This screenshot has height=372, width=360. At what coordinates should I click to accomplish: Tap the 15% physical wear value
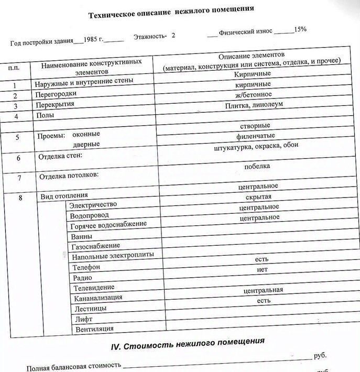click(x=300, y=29)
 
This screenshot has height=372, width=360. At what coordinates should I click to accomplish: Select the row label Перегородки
click(x=56, y=94)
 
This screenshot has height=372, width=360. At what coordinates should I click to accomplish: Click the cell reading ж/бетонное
click(x=253, y=95)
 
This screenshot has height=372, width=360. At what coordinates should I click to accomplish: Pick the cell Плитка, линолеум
click(x=254, y=105)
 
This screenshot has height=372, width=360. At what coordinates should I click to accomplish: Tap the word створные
click(x=255, y=126)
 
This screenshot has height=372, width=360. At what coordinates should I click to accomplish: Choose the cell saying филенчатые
click(x=256, y=136)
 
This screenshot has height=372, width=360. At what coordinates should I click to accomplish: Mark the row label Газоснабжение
click(x=95, y=246)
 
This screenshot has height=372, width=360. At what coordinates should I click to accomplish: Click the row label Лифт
click(x=84, y=319)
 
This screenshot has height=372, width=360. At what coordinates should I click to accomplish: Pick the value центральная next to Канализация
click(x=263, y=290)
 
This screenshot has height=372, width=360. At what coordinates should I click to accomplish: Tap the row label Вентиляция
click(x=94, y=330)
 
